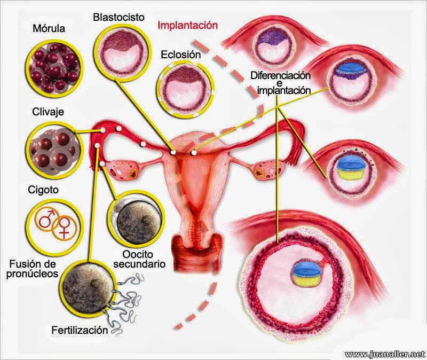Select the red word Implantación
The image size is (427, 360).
(188, 25)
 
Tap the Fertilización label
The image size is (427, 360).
(80, 330)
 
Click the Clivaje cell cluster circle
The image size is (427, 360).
(53, 149)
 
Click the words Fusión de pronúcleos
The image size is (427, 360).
(34, 270)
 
